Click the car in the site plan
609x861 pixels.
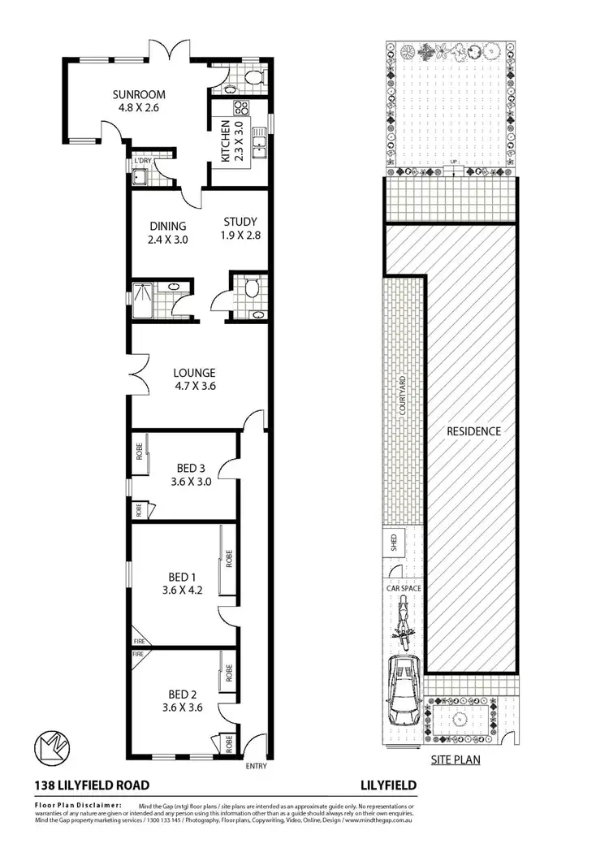(x=404, y=690)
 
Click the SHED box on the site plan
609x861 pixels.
(x=393, y=543)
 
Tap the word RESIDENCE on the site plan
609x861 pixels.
(x=474, y=431)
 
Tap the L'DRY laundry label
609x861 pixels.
(x=142, y=161)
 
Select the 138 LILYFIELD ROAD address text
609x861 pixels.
(x=92, y=785)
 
